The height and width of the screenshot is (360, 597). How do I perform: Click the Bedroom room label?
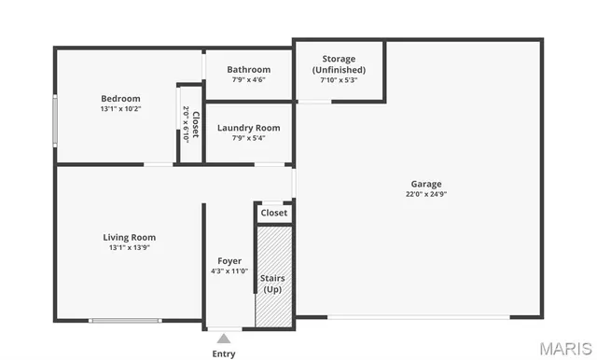120,99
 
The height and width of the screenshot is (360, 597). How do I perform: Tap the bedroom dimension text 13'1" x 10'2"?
120,109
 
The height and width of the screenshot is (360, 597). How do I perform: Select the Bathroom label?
248,69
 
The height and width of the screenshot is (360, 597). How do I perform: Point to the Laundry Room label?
248,128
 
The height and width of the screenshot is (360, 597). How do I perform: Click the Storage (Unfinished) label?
339,64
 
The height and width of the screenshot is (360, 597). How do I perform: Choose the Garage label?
426,184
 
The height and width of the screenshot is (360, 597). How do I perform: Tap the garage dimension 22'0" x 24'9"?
426,194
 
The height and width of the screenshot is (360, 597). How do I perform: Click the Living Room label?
129,237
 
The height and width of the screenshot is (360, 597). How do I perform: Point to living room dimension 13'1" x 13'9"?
129,247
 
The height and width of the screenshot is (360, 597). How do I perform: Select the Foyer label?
229,261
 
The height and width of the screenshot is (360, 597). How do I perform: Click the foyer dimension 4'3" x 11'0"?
229,271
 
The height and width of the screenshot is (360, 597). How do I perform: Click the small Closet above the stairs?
274,213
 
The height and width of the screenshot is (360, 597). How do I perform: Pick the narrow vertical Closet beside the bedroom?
190,122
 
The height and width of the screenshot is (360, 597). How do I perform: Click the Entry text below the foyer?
224,353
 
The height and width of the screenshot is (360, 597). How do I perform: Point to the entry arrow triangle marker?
224,338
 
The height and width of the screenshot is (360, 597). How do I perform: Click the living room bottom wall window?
124,321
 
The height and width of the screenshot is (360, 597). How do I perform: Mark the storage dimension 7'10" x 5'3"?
339,80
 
